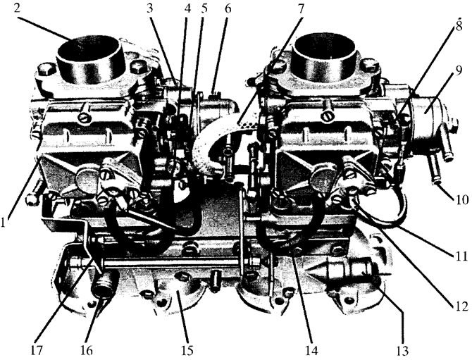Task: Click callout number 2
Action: point(18,8)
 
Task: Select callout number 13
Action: point(402,351)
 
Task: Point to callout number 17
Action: point(36,351)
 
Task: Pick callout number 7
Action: point(301,8)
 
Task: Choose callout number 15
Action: point(187,351)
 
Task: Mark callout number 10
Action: point(461,199)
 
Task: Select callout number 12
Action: point(461,306)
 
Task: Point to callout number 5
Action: point(204,8)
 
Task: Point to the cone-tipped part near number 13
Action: point(340,270)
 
